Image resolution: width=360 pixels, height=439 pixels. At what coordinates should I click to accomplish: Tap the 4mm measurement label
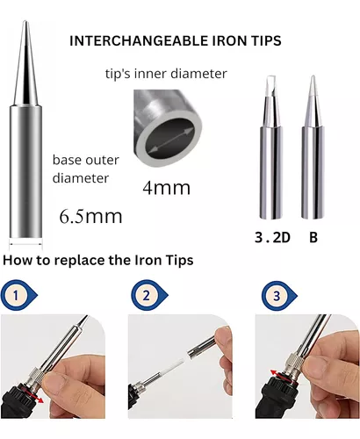(x=166, y=187)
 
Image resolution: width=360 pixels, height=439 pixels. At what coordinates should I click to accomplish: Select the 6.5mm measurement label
(x=90, y=217)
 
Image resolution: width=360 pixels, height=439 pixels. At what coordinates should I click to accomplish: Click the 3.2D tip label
(x=272, y=237)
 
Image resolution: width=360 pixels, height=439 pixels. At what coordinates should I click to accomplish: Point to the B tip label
(x=313, y=237)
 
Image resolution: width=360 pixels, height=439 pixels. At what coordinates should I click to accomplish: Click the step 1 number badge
(x=16, y=295)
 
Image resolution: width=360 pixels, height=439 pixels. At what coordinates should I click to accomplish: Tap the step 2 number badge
(x=147, y=295)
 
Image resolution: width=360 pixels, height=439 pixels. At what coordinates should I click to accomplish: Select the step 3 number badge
(x=277, y=296)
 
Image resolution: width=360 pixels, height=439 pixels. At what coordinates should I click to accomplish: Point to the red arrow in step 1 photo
(x=37, y=395)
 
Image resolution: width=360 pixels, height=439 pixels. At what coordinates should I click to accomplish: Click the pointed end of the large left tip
(x=25, y=22)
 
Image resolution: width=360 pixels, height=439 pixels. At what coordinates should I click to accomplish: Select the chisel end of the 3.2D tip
(x=271, y=78)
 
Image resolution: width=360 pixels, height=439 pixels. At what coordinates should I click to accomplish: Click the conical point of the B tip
(x=313, y=77)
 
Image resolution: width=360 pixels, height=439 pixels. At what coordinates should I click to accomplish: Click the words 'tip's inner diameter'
(x=166, y=74)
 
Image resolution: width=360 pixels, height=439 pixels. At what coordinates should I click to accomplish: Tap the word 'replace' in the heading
(x=80, y=261)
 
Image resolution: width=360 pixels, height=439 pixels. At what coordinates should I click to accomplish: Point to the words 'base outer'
(x=86, y=160)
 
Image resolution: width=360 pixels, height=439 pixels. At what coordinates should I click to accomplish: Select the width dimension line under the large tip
(x=26, y=243)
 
